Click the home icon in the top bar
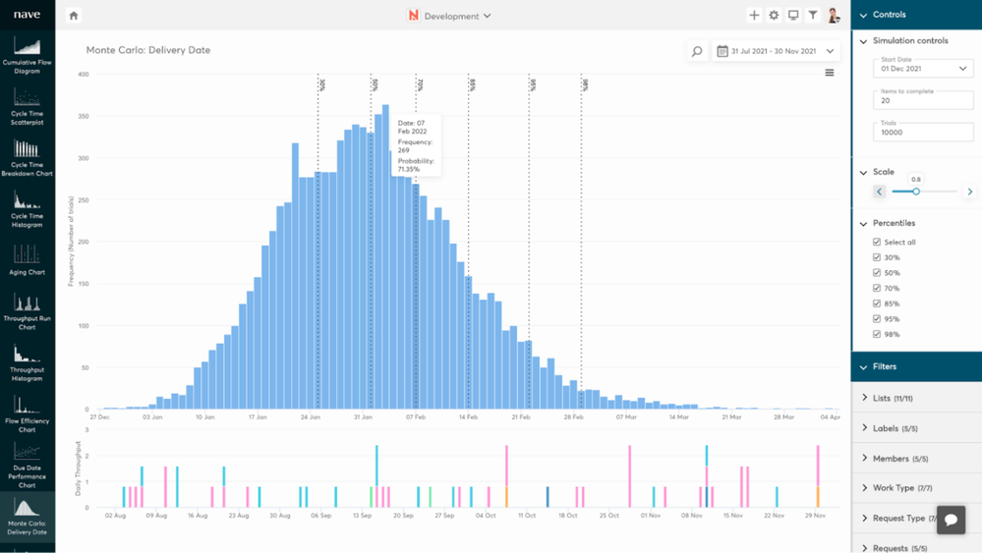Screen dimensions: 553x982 (74, 16)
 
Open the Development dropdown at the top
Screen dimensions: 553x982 (450, 16)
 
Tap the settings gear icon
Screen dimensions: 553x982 (774, 16)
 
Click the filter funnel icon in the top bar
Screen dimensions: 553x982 (813, 16)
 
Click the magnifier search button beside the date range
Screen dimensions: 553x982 (697, 51)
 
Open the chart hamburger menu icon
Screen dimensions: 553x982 (830, 73)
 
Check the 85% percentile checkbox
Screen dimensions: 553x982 (877, 304)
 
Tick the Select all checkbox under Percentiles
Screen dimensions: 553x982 (877, 242)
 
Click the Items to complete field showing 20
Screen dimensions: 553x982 (922, 100)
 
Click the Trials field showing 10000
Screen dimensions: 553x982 (922, 132)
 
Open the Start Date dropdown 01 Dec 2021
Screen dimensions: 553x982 (922, 69)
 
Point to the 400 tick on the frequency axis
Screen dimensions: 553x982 (83, 75)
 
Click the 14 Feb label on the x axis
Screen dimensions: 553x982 (468, 416)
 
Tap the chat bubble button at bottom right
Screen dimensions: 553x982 (951, 520)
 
